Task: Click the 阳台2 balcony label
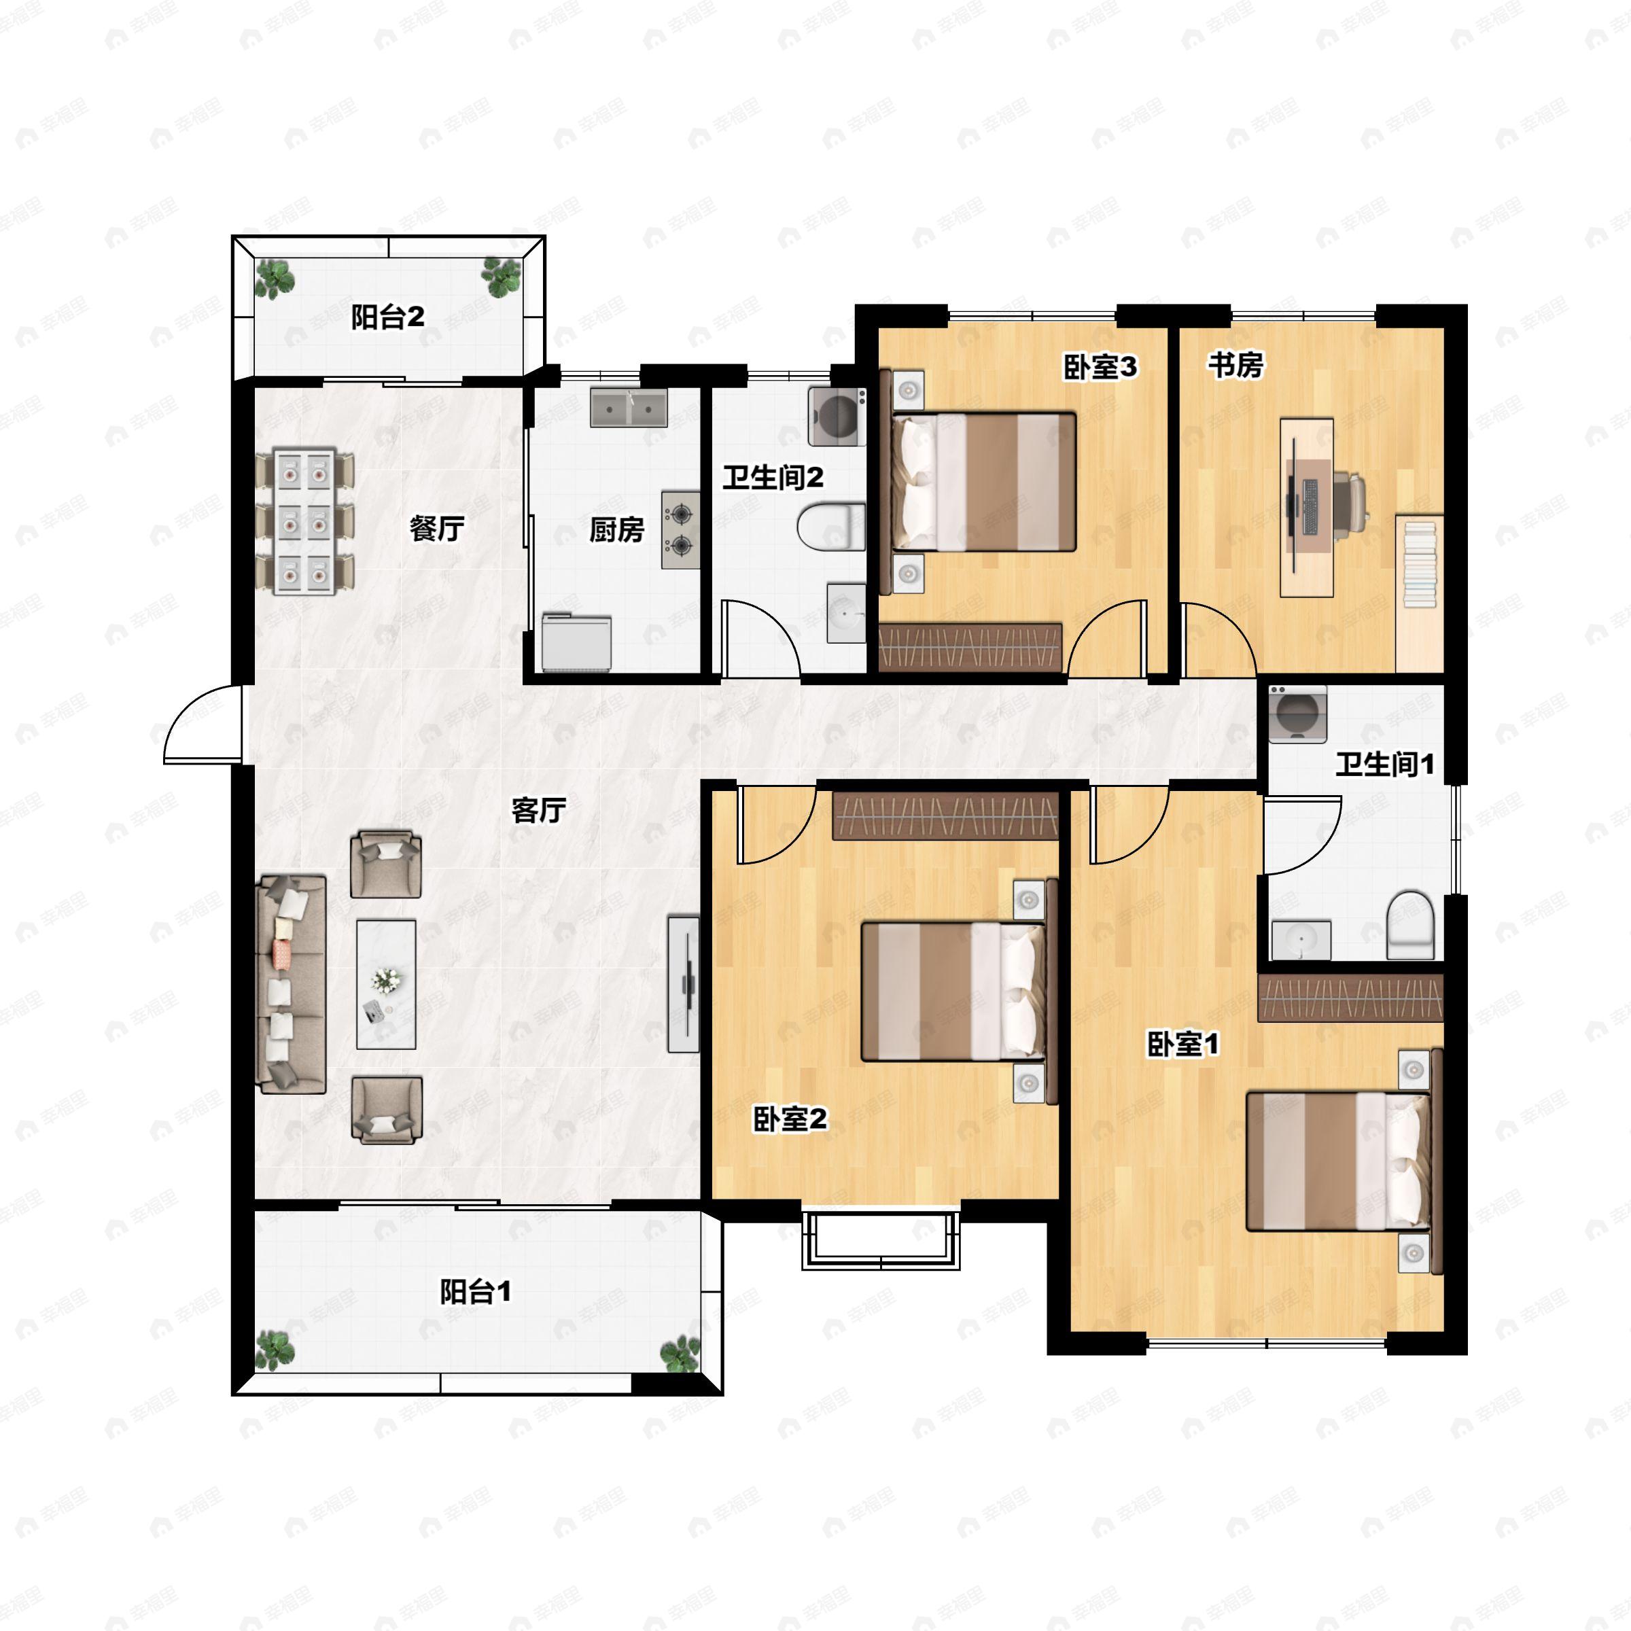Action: click(x=387, y=318)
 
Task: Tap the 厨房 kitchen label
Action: click(x=616, y=530)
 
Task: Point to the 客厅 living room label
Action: click(x=539, y=811)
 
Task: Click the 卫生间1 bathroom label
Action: click(x=1384, y=765)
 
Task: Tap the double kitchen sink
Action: click(x=628, y=408)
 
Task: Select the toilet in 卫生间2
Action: click(x=832, y=526)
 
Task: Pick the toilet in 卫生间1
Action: click(x=1411, y=924)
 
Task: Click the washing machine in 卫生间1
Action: click(x=1297, y=714)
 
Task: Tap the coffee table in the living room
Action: click(x=386, y=984)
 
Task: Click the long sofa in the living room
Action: click(x=292, y=984)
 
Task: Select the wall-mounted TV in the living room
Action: click(x=684, y=984)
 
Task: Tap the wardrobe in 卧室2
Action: click(x=945, y=816)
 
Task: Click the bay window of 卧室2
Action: click(x=881, y=1240)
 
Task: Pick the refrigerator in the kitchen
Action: click(x=576, y=642)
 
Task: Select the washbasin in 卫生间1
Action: click(x=1301, y=941)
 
